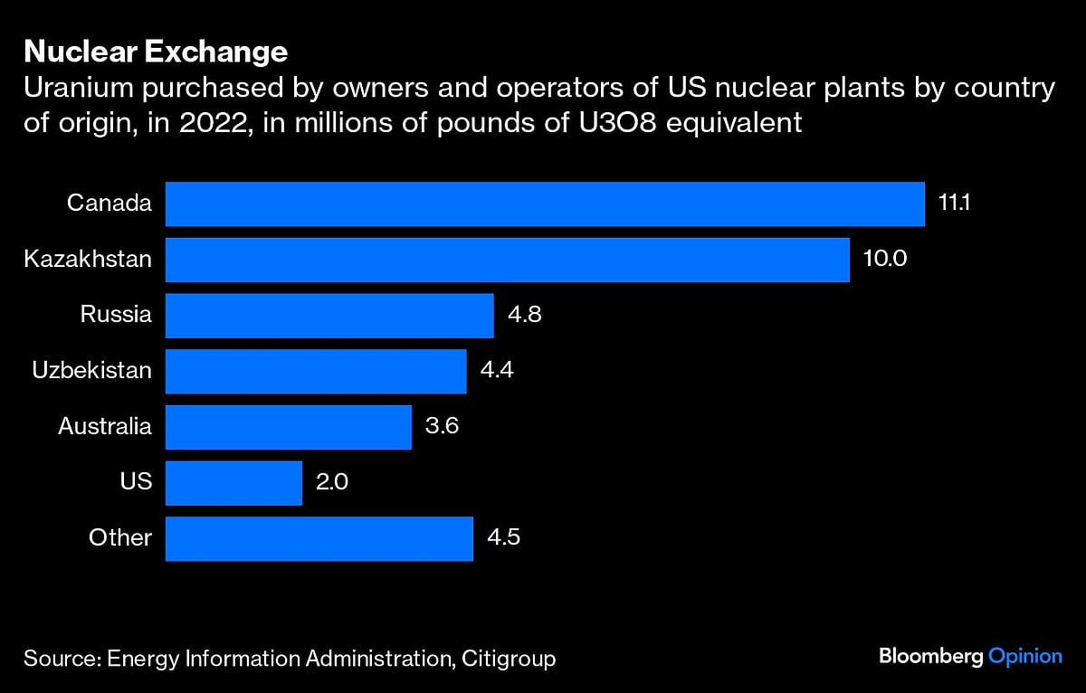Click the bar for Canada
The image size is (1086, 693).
(x=545, y=204)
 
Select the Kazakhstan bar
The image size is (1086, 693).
(x=507, y=260)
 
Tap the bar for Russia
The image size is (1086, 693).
(x=329, y=316)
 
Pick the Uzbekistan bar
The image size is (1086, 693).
(x=316, y=371)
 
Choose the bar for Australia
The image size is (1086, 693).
(x=289, y=427)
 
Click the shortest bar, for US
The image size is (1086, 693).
(x=233, y=482)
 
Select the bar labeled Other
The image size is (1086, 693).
(x=319, y=538)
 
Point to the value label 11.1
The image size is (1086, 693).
(x=954, y=204)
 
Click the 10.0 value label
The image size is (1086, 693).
(x=885, y=260)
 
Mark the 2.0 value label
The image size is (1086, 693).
(x=332, y=482)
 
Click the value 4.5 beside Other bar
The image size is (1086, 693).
(x=504, y=538)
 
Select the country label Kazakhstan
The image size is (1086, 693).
(x=88, y=260)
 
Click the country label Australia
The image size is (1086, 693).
(x=105, y=427)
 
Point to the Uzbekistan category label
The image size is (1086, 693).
(x=92, y=371)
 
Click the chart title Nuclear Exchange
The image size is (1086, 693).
(x=156, y=52)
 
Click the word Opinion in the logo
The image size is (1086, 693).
(x=1025, y=656)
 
